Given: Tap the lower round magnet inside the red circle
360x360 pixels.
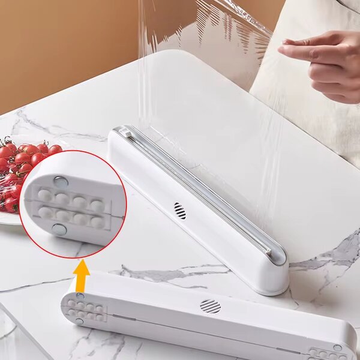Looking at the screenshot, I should click(x=59, y=229).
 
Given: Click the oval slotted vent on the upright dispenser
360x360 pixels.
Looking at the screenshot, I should click(x=179, y=211).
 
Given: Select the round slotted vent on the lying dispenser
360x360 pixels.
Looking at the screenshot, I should click(x=210, y=306).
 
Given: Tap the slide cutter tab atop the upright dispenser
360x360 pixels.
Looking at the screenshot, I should click(x=125, y=131).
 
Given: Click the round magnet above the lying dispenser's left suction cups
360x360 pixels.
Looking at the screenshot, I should click(x=80, y=296).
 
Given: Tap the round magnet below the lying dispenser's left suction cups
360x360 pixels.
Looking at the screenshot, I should click(x=79, y=322).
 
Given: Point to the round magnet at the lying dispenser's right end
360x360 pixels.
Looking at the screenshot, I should click(x=337, y=347).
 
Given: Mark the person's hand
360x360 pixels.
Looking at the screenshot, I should click(x=324, y=63).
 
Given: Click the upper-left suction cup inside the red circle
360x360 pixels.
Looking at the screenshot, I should click(x=45, y=195).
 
